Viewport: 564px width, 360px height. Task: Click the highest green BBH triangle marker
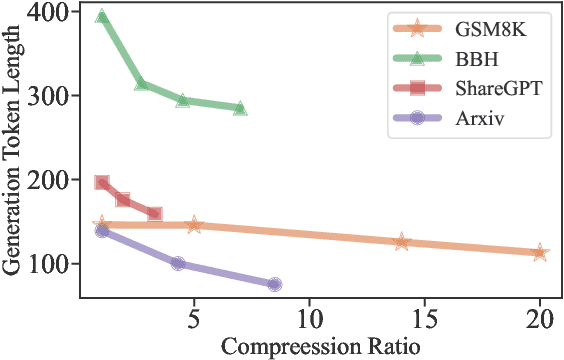tap(102, 17)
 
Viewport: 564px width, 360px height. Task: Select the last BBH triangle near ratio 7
tap(240, 108)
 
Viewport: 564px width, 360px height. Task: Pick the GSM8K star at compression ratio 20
tap(540, 253)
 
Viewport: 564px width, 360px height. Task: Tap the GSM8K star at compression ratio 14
tap(402, 242)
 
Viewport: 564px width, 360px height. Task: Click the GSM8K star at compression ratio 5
tap(194, 225)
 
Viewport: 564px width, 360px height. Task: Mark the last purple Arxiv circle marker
tap(274, 284)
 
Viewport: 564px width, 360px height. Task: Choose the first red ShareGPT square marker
tap(102, 183)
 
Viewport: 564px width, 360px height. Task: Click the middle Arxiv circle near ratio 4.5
tap(178, 263)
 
